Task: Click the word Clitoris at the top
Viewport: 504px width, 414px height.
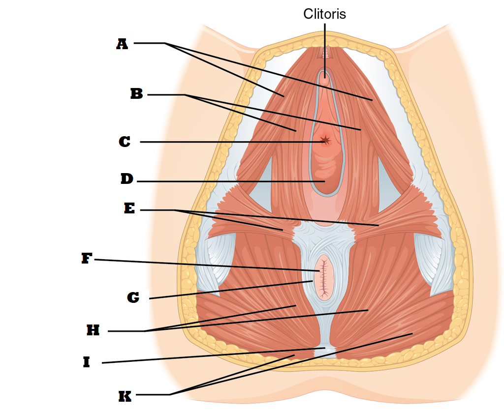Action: (324, 14)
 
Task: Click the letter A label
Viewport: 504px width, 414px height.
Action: (122, 44)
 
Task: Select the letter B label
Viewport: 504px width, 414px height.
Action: (136, 94)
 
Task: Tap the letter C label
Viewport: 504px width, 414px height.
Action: (125, 142)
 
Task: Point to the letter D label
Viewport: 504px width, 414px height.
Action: (126, 179)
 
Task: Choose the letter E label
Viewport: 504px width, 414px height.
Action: (129, 208)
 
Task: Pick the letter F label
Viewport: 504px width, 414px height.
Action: (87, 259)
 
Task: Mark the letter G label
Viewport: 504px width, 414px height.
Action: (133, 297)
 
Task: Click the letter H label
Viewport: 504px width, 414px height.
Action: (93, 330)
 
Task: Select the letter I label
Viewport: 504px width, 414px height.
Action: (87, 363)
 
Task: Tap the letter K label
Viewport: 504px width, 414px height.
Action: (125, 396)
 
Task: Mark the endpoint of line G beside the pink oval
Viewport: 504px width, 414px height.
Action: (312, 281)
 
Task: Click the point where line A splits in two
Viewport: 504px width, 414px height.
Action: (165, 43)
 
